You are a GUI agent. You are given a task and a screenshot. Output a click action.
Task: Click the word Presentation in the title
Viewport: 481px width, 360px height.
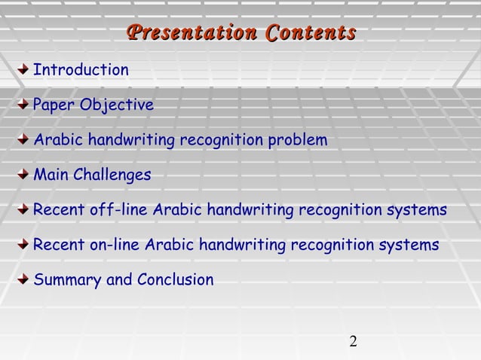[x=191, y=34]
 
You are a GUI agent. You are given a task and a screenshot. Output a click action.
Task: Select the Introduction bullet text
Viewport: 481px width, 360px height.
[x=81, y=70]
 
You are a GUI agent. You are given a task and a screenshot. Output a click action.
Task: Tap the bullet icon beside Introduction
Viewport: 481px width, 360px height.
[x=24, y=70]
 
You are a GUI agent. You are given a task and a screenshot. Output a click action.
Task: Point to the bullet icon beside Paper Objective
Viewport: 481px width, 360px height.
[x=24, y=105]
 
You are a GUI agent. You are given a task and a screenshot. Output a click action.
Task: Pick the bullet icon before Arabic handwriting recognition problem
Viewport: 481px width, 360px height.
[x=24, y=140]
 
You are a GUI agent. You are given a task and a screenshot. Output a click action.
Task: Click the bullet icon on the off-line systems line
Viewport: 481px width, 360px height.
[x=24, y=209]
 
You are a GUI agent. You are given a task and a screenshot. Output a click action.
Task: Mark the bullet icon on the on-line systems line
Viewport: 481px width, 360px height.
[x=24, y=245]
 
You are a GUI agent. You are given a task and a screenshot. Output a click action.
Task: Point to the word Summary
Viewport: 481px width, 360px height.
[x=67, y=280]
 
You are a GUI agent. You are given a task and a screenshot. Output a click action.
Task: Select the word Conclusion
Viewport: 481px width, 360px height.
[x=175, y=280]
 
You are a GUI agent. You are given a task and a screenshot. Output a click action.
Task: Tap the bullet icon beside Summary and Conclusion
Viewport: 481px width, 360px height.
[x=24, y=279]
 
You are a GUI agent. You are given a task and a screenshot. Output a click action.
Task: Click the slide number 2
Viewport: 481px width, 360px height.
[x=353, y=343]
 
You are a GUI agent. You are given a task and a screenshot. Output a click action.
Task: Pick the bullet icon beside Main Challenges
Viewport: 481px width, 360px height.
[x=24, y=175]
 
